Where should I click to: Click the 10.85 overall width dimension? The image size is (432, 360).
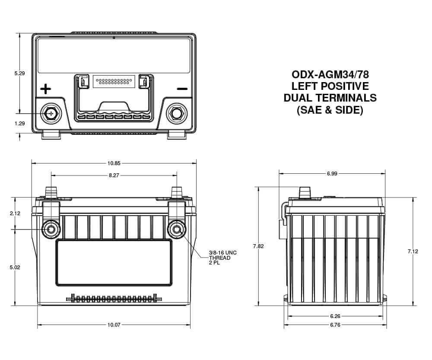(x=114, y=163)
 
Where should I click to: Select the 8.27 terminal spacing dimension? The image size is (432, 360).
(x=114, y=175)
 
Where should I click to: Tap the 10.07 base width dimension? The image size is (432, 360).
(x=114, y=325)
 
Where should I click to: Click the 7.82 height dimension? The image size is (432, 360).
(x=259, y=246)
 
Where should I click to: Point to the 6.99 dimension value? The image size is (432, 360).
(x=332, y=174)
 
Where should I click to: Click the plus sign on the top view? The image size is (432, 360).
(x=45, y=89)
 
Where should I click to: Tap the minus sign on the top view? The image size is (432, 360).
(x=182, y=89)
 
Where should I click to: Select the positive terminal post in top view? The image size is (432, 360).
(x=51, y=113)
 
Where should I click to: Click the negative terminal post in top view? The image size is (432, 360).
(x=177, y=113)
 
